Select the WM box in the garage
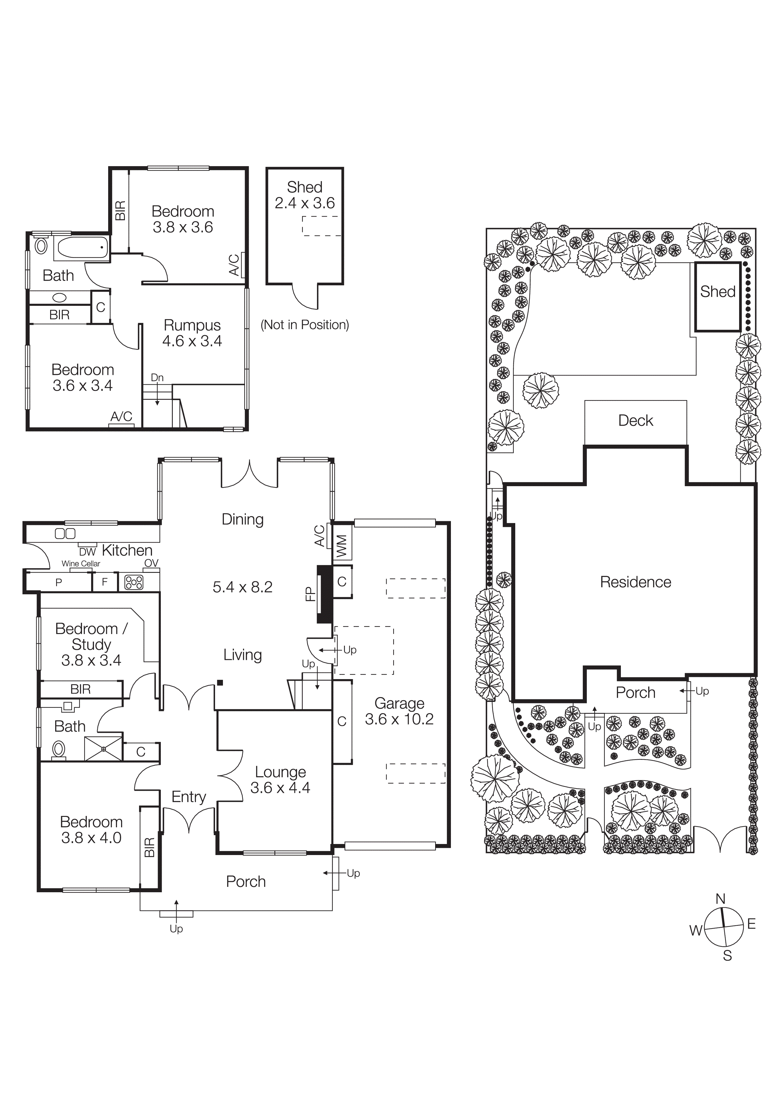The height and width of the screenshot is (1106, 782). (341, 546)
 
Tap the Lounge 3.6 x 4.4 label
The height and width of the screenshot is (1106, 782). (280, 779)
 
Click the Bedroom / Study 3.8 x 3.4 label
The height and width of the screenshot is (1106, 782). (91, 644)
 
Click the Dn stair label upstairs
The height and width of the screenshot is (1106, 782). (157, 378)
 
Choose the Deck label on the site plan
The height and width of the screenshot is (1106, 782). (635, 421)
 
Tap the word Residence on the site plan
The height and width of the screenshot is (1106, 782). (635, 582)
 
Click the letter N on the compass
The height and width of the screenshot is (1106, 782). (720, 899)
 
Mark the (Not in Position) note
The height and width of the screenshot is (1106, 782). (305, 325)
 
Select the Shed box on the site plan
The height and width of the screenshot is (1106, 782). (717, 296)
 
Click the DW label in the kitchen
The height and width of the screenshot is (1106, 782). (88, 552)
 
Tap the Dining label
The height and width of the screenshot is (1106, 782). (242, 519)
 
